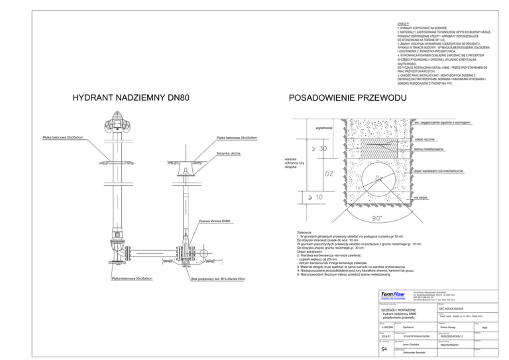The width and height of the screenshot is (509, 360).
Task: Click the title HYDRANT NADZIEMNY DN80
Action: pyautogui.click(x=131, y=98)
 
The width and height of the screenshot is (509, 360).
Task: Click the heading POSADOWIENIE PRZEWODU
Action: pyautogui.click(x=347, y=98)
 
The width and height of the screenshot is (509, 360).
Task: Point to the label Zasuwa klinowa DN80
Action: pyautogui.click(x=215, y=220)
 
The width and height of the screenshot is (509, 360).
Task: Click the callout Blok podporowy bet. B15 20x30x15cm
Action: pyautogui.click(x=218, y=279)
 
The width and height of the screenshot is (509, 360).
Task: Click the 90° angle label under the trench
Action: pyautogui.click(x=377, y=218)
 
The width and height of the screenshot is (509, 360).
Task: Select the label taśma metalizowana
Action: pyautogui.click(x=428, y=149)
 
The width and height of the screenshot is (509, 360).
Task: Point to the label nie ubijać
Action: pyautogui.click(x=420, y=197)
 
